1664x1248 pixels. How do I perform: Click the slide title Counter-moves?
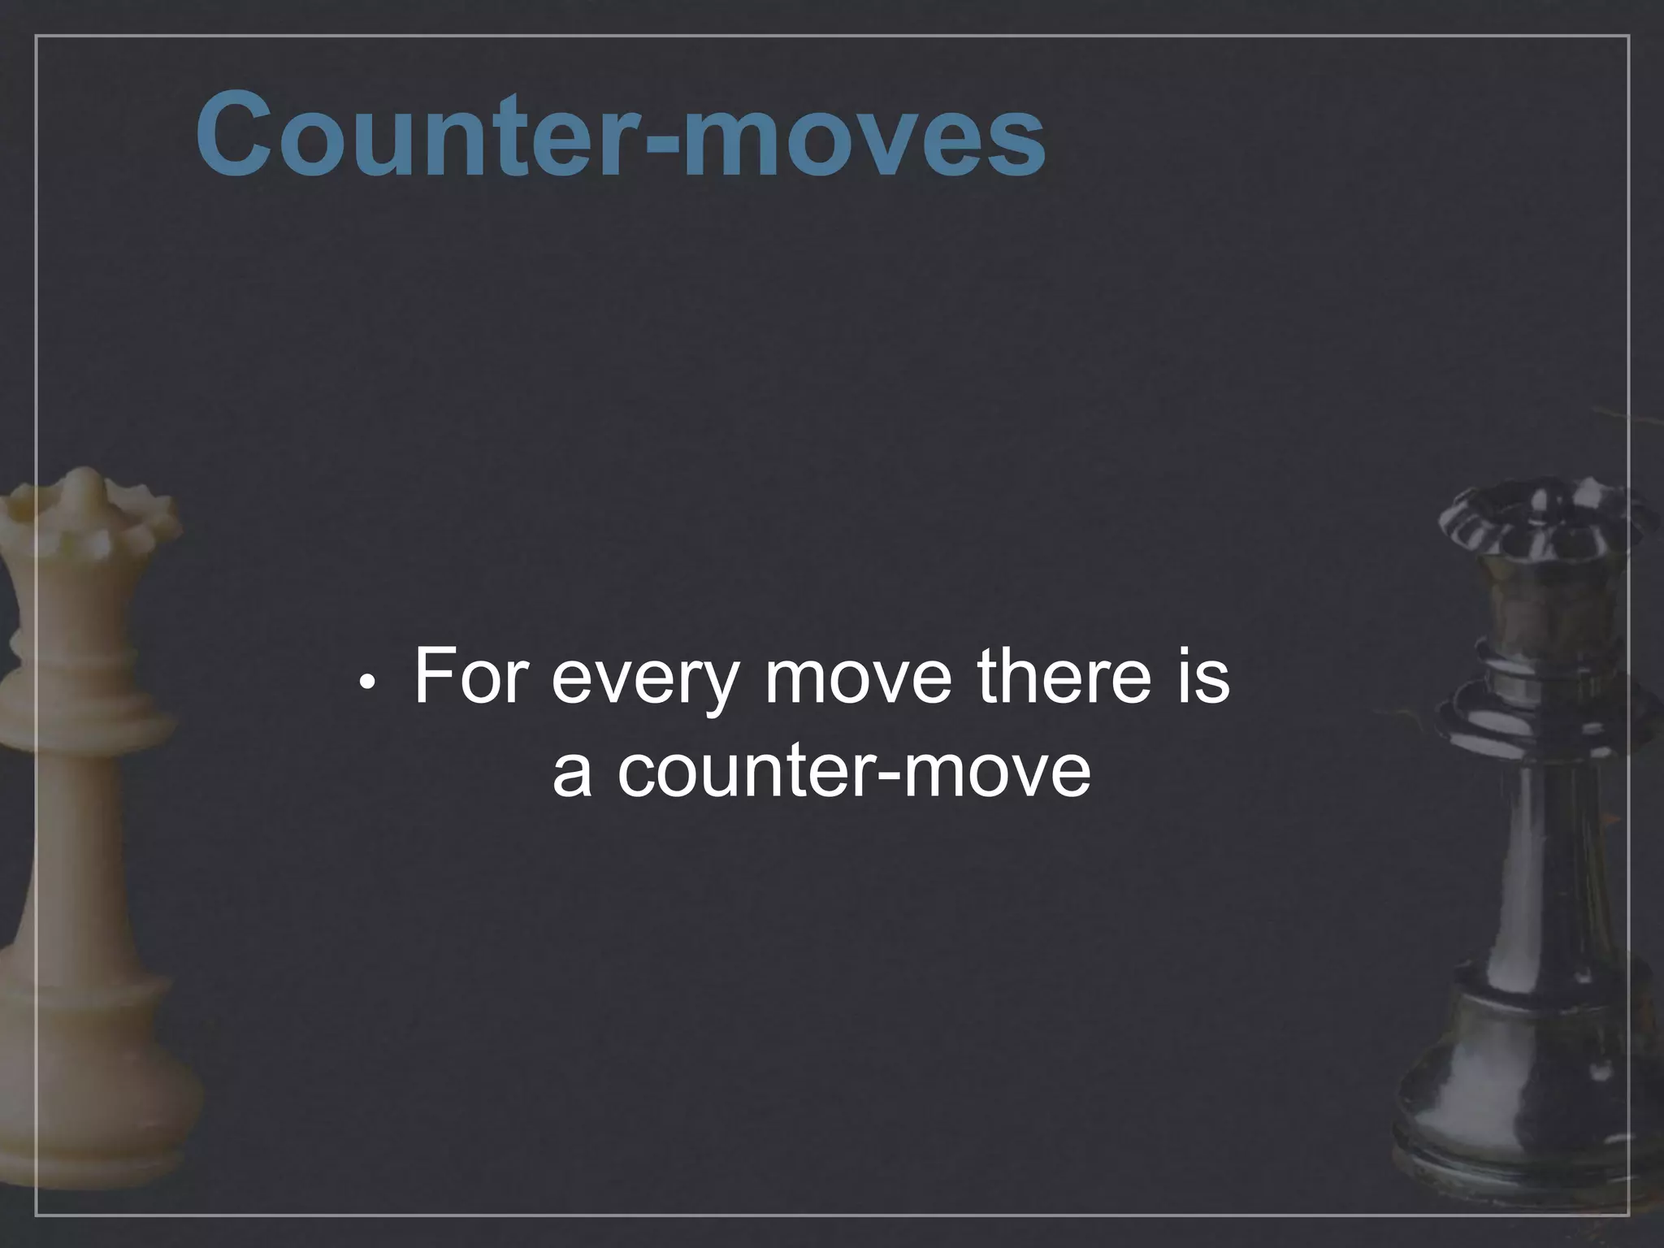[x=620, y=133]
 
